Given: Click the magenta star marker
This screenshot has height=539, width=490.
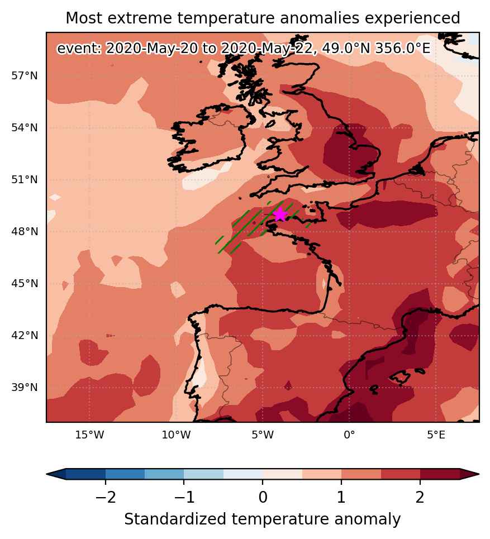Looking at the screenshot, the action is (x=280, y=214).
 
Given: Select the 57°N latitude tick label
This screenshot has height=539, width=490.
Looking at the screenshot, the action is (x=25, y=75).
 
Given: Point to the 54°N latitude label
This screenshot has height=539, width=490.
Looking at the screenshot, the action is (x=25, y=127).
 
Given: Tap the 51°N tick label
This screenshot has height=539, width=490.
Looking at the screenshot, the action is (x=25, y=179).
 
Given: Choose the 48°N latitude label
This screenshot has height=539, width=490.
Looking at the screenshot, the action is (x=25, y=231).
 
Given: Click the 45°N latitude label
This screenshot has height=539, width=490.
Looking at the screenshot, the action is (x=25, y=284).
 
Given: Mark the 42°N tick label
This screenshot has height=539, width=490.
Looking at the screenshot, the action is (x=25, y=335).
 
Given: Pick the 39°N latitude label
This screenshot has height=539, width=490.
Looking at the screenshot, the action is (x=25, y=388).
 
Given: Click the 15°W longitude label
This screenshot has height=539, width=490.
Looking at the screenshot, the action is (x=89, y=435).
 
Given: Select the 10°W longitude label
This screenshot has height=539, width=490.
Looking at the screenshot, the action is (x=176, y=435).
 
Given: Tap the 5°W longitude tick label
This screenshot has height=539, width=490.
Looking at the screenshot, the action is (x=263, y=435).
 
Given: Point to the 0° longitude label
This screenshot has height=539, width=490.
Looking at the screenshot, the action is (x=349, y=435).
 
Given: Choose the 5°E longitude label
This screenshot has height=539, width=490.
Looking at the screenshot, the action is (x=436, y=435).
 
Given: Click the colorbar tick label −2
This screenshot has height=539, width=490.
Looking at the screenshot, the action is (x=106, y=497).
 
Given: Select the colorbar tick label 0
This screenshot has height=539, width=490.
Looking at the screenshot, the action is (x=263, y=497).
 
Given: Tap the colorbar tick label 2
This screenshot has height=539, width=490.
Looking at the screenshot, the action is (x=420, y=497).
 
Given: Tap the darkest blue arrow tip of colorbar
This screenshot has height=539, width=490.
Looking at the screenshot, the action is (x=47, y=474).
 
